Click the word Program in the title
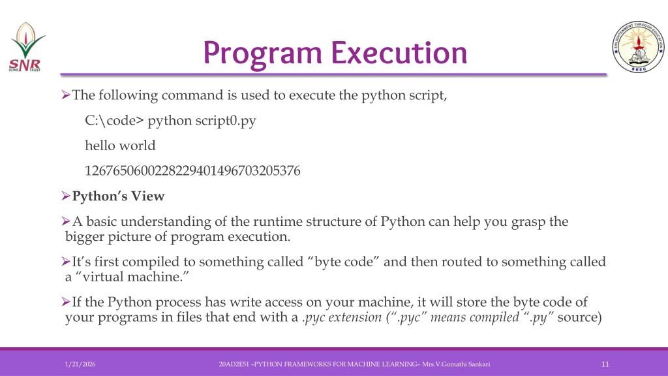[x=262, y=54]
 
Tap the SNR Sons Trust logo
[x=26, y=47]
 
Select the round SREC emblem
[x=638, y=46]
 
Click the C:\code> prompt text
[x=114, y=121]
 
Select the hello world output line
[x=120, y=146]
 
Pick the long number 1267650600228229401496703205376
[x=192, y=170]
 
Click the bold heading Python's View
[x=118, y=196]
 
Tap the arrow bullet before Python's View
[x=66, y=196]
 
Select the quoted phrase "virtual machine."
[x=132, y=276]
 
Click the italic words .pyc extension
[x=342, y=317]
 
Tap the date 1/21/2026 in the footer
[x=80, y=364]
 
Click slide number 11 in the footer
[x=605, y=364]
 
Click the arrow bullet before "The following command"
[x=66, y=95]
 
